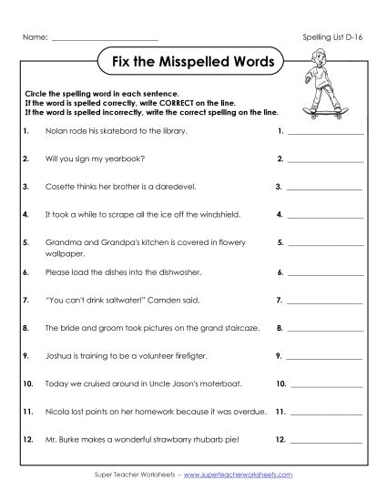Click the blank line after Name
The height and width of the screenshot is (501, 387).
click(105, 38)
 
